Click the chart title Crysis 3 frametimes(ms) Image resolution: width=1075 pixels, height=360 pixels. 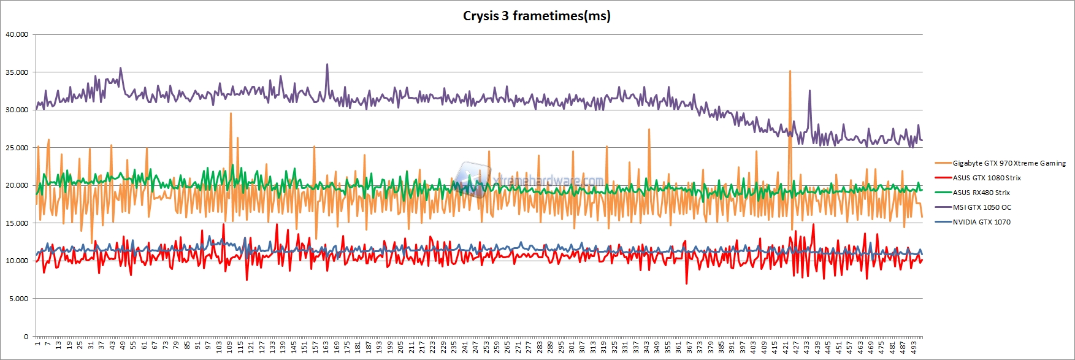pyautogui.click(x=537, y=16)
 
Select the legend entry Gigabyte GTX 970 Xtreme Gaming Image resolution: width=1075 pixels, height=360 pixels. pyautogui.click(x=1009, y=163)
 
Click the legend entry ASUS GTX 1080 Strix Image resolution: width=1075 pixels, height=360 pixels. pyautogui.click(x=986, y=178)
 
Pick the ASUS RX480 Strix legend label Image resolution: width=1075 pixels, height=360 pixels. pyautogui.click(x=981, y=193)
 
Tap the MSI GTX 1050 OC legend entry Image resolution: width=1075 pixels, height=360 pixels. pyautogui.click(x=982, y=207)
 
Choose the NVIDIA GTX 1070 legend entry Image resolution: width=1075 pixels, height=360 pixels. pyautogui.click(x=981, y=222)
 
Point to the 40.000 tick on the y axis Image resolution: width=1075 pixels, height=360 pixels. pyautogui.click(x=17, y=34)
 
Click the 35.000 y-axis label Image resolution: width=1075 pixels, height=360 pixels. pyautogui.click(x=17, y=72)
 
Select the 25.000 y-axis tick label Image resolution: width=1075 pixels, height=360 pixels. pyautogui.click(x=17, y=148)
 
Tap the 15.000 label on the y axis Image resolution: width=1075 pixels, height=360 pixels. pyautogui.click(x=17, y=223)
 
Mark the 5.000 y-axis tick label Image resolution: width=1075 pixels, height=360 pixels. pyautogui.click(x=18, y=299)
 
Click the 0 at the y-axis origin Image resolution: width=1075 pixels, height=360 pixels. pyautogui.click(x=26, y=337)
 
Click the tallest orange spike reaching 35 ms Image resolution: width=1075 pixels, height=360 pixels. pyautogui.click(x=790, y=71)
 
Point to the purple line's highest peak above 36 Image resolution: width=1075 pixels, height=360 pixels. pyautogui.click(x=327, y=64)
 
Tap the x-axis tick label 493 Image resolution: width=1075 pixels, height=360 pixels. pyautogui.click(x=914, y=347)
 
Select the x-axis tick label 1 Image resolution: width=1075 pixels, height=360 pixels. pyautogui.click(x=37, y=345)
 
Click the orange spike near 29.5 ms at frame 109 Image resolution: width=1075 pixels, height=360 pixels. pyautogui.click(x=231, y=113)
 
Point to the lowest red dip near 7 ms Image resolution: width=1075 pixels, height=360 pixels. pyautogui.click(x=686, y=283)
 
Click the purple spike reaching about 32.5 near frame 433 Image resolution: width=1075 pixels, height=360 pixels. pyautogui.click(x=809, y=91)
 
